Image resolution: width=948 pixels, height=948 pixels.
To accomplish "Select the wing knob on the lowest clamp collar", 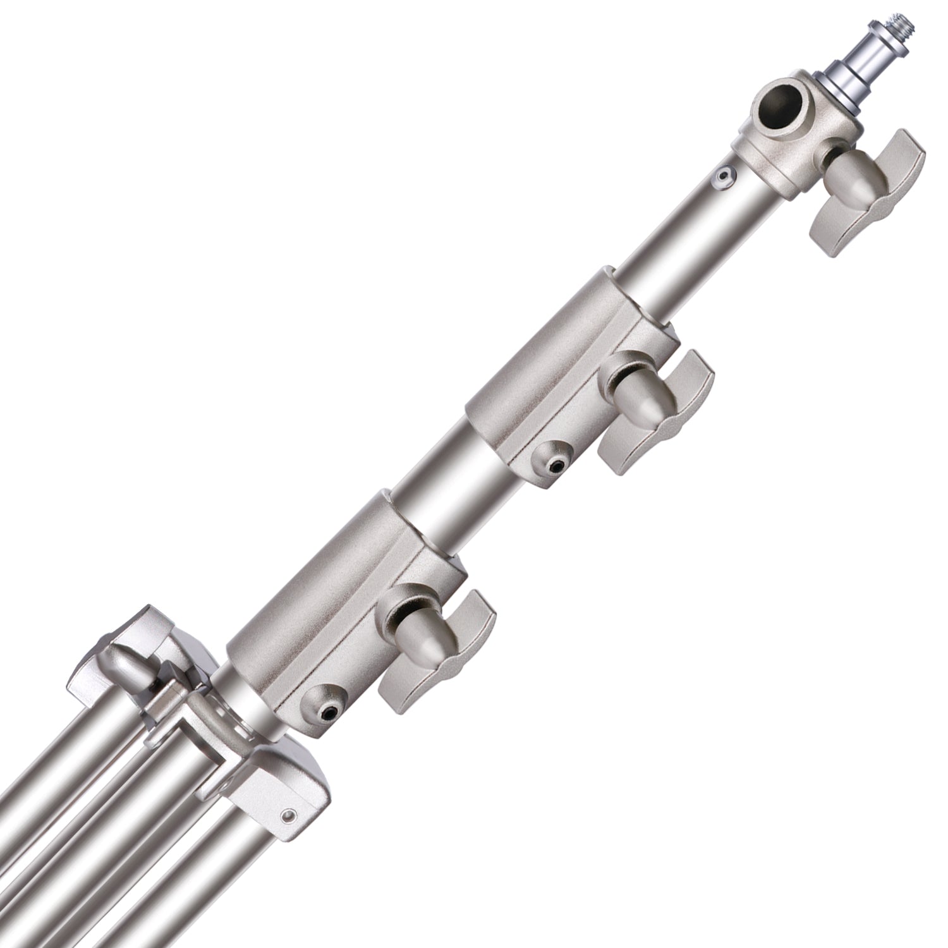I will [430, 645].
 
